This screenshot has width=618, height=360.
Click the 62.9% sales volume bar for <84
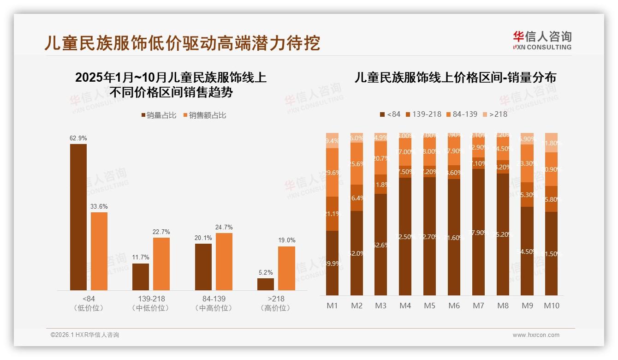78,217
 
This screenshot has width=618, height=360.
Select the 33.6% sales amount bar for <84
99,251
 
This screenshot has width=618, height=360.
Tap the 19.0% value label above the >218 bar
286,240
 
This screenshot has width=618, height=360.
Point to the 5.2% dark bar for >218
266,284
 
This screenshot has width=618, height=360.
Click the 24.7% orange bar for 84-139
224,262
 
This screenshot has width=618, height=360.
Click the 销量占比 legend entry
158,115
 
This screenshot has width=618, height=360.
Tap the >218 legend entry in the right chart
495,114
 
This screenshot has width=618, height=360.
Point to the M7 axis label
478,306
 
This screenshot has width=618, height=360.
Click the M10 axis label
552,306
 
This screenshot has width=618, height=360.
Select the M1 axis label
332,306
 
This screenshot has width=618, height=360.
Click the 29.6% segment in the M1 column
332,172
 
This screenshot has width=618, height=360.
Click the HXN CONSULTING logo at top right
542,40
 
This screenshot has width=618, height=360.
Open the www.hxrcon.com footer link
536,335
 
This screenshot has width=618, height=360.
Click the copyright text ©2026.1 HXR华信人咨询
85,335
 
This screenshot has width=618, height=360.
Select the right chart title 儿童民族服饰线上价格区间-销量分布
455,78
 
